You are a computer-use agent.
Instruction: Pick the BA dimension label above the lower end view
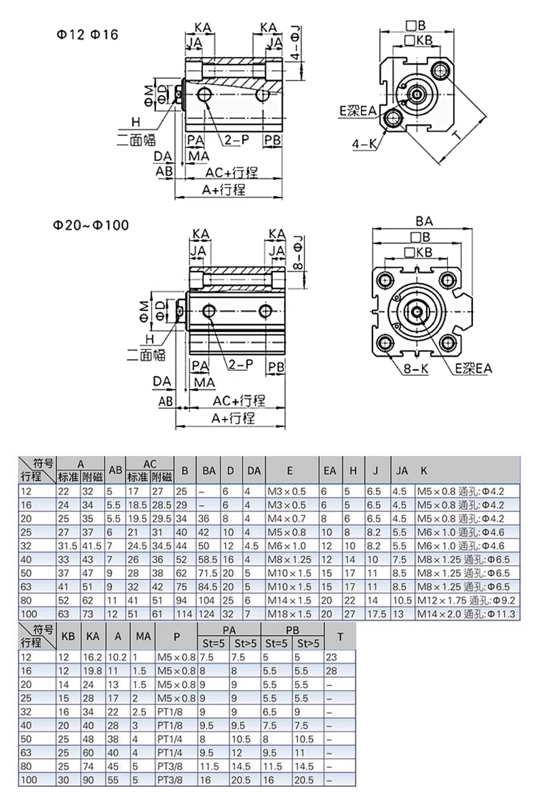click(424, 221)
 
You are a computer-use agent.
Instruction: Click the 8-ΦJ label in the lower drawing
click(298, 252)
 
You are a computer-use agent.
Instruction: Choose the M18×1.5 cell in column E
click(289, 614)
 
